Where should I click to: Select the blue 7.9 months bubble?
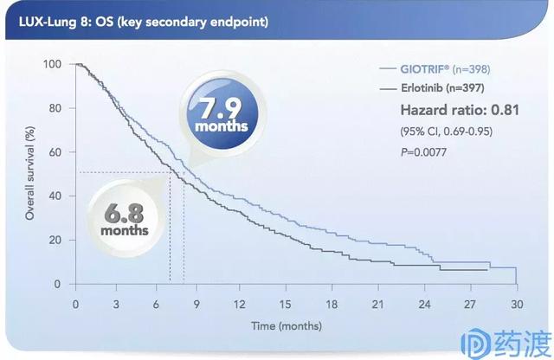pos(222,115)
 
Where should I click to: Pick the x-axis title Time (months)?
pos(287,325)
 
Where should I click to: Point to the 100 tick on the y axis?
pos(53,65)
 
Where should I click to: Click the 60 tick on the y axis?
pos(55,152)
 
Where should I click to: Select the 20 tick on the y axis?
pos(55,240)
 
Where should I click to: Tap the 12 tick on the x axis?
pos(240,304)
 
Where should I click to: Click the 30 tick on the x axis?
pos(516,304)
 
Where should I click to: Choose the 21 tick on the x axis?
pos(377,304)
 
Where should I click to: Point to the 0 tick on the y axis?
pos(58,284)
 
